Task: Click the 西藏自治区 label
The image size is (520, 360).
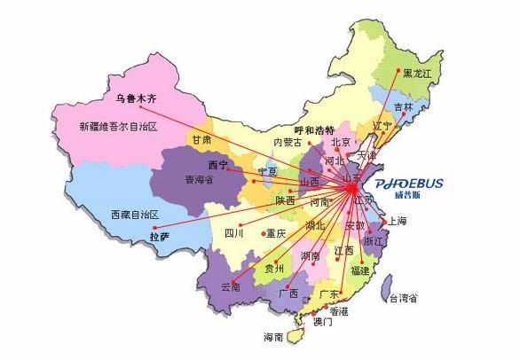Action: (135, 215)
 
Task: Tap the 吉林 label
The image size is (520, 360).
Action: (404, 106)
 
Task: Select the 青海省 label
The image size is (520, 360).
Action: (200, 178)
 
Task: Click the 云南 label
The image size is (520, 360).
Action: (230, 287)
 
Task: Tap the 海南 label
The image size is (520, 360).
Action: (272, 337)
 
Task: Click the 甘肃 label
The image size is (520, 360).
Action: (200, 140)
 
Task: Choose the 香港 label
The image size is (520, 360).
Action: (339, 311)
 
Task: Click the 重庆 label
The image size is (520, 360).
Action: (275, 234)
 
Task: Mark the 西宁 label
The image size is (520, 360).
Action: (217, 165)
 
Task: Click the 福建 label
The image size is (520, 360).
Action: (358, 270)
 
